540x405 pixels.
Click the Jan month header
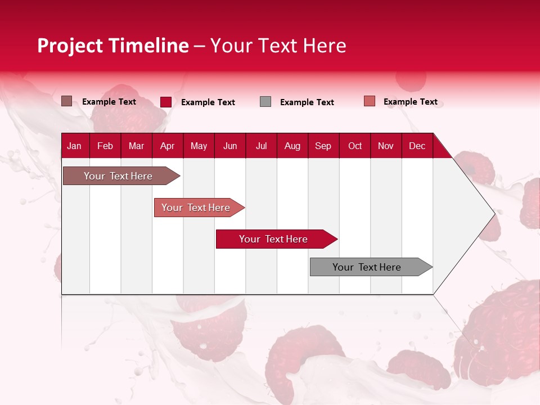(74, 146)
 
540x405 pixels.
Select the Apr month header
(167, 146)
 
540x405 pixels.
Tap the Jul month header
(261, 146)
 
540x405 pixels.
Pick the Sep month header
(323, 146)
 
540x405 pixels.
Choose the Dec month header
(417, 146)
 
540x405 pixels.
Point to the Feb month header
(105, 146)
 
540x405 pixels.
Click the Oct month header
(355, 146)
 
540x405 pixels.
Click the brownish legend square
(66, 101)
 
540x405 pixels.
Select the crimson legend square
(165, 102)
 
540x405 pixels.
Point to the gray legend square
(265, 102)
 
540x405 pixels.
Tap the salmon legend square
(369, 101)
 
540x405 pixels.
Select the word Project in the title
(70, 46)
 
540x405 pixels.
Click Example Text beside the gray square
(307, 102)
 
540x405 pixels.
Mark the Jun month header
(230, 146)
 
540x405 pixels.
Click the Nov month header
(386, 146)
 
